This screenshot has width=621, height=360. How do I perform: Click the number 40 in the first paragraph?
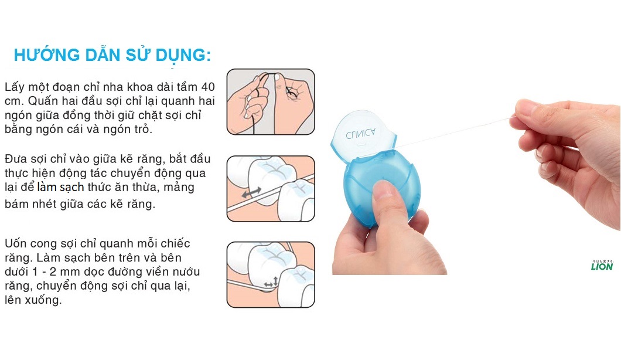(x=208, y=87)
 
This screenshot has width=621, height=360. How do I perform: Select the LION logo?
(x=602, y=265)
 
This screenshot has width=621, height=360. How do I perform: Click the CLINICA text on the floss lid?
(x=360, y=134)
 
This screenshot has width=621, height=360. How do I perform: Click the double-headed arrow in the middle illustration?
(x=251, y=192)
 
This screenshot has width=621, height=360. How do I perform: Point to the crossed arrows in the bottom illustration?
(x=272, y=282)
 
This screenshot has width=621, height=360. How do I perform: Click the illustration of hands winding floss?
(x=271, y=102)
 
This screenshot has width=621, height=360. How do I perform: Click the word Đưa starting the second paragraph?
(x=16, y=159)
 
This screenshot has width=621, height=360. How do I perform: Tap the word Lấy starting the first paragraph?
(x=14, y=87)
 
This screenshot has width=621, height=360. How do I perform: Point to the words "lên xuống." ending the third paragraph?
(x=33, y=300)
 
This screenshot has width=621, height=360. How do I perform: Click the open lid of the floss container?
(x=363, y=135)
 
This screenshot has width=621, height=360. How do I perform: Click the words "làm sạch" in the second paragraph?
(x=60, y=187)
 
